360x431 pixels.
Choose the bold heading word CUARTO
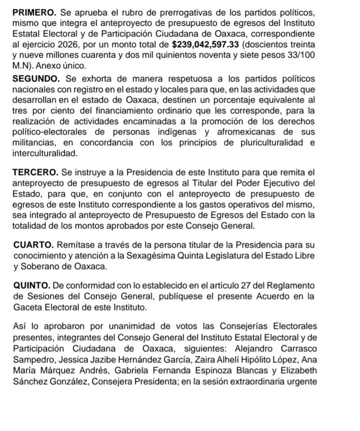pos(34,245)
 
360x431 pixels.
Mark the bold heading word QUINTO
pos(32,286)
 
